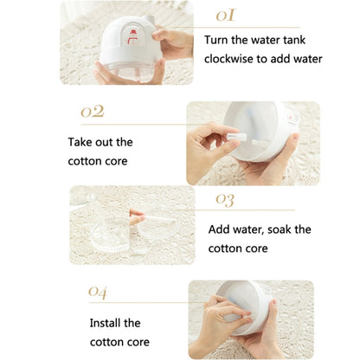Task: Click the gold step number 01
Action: click(225, 16)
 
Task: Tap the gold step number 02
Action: click(92, 113)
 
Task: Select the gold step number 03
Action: click(225, 200)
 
